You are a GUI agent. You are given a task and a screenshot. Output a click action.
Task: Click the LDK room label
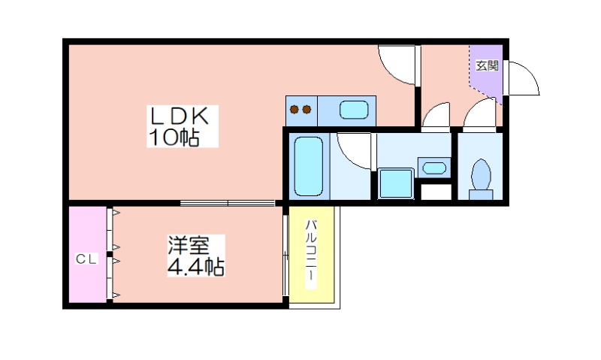pyautogui.click(x=180, y=116)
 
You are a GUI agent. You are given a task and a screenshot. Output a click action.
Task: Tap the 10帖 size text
pyautogui.click(x=174, y=137)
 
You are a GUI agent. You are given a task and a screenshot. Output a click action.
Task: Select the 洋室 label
pyautogui.click(x=189, y=245)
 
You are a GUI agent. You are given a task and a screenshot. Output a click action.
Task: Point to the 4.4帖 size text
pyautogui.click(x=195, y=267)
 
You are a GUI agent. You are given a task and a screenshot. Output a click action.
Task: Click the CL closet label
pyautogui.click(x=86, y=259)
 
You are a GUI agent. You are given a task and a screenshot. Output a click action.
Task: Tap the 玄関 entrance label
pyautogui.click(x=487, y=65)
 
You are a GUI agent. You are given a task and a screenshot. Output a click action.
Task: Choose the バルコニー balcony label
pyautogui.click(x=311, y=255)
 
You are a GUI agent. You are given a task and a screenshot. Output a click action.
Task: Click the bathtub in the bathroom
pyautogui.click(x=308, y=166)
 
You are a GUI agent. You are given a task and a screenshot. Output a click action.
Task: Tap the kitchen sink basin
pyautogui.click(x=354, y=110)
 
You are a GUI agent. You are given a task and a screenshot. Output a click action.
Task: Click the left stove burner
pyautogui.click(x=294, y=110)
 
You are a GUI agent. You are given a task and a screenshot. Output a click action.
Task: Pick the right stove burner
pyautogui.click(x=307, y=110)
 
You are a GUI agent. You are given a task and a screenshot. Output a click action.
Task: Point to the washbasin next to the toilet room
pyautogui.click(x=434, y=168)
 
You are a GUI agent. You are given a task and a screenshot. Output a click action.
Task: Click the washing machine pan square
pyautogui.click(x=396, y=183)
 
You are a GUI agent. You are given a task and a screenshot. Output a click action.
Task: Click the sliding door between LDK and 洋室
pyautogui.click(x=228, y=203)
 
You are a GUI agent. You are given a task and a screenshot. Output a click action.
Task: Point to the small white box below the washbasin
pyautogui.click(x=436, y=192)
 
